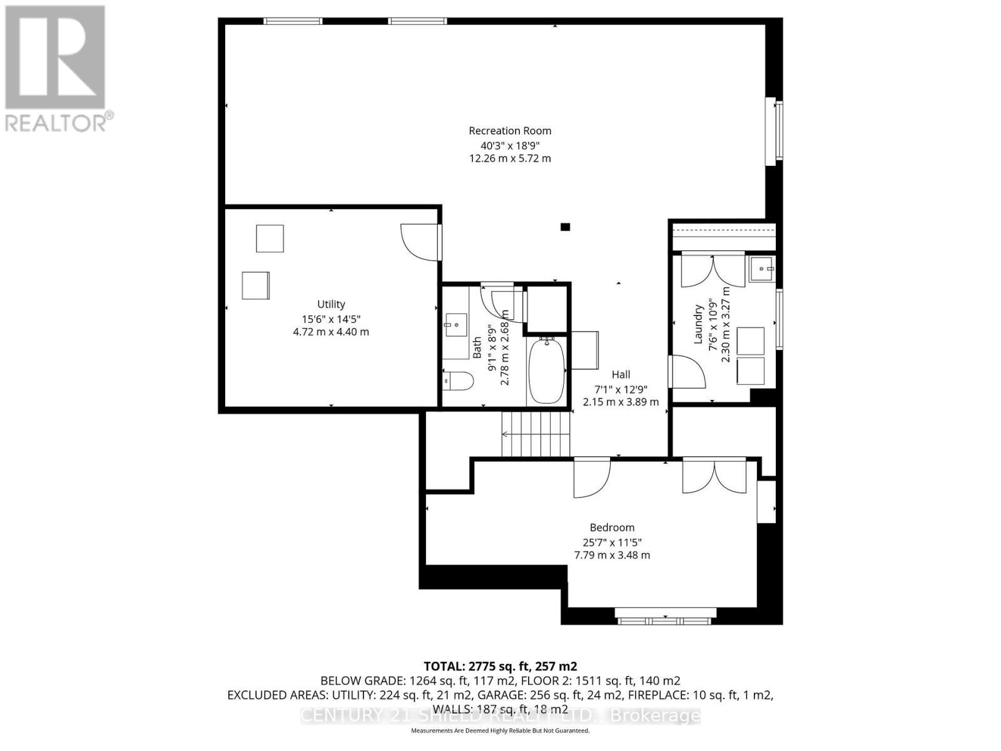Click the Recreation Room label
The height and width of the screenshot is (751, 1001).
click(510, 131)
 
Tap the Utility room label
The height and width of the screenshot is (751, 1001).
click(331, 304)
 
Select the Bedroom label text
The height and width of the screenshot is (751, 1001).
click(612, 528)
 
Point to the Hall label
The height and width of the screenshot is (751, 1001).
click(621, 374)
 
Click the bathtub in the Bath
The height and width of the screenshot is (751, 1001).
click(547, 370)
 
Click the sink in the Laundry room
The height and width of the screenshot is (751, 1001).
click(761, 270)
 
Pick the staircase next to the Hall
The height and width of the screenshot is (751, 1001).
click(536, 434)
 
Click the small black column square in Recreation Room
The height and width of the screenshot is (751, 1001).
click(565, 227)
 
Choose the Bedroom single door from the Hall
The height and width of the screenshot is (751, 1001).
click(591, 477)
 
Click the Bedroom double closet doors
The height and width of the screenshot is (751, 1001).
click(714, 476)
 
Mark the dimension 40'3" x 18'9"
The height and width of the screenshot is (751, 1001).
click(510, 145)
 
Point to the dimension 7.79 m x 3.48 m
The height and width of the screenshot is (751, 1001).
click(612, 555)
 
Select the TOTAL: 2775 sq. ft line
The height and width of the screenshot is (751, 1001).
click(500, 666)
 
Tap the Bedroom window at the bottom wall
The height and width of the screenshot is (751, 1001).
click(664, 620)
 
